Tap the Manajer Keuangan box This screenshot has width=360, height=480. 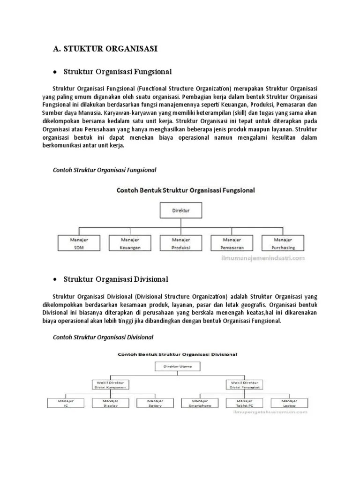click(x=130, y=243)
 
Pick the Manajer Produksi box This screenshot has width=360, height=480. click(x=180, y=243)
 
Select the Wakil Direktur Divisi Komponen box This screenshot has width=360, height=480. click(x=111, y=385)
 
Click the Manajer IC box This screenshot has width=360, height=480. click(x=65, y=403)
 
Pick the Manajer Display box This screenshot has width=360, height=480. click(x=111, y=403)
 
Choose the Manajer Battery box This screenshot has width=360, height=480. click(x=155, y=403)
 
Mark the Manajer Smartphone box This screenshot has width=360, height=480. click(x=200, y=403)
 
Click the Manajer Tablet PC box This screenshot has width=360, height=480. click(x=245, y=403)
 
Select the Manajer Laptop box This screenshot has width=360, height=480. click(x=289, y=403)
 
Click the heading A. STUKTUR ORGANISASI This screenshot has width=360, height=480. click(x=105, y=48)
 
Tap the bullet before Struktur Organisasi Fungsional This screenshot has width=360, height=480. click(x=55, y=72)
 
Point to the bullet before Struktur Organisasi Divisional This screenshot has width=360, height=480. click(x=55, y=280)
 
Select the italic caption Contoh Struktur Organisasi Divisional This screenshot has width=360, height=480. click(x=103, y=337)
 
